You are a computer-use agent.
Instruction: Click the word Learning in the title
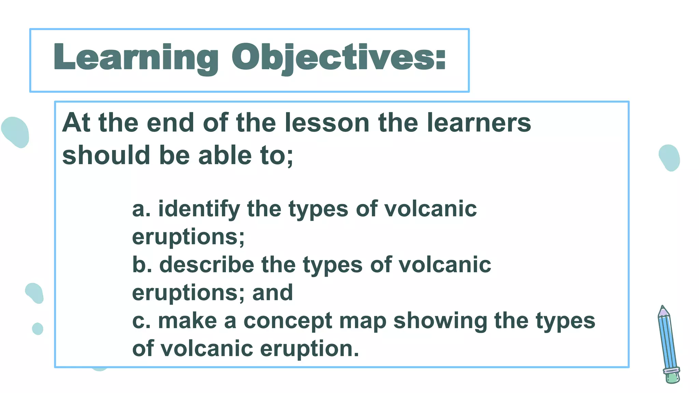pyautogui.click(x=135, y=57)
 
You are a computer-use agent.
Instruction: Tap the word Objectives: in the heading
pyautogui.click(x=339, y=57)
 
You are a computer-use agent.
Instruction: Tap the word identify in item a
pyautogui.click(x=199, y=209)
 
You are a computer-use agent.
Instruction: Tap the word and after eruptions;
pyautogui.click(x=272, y=293)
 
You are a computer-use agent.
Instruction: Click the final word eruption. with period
pyautogui.click(x=310, y=349)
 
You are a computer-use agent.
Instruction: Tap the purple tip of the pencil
pyautogui.click(x=663, y=311)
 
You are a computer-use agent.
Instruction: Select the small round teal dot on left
pyautogui.click(x=38, y=329)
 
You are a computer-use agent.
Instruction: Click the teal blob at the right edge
pyautogui.click(x=669, y=158)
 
